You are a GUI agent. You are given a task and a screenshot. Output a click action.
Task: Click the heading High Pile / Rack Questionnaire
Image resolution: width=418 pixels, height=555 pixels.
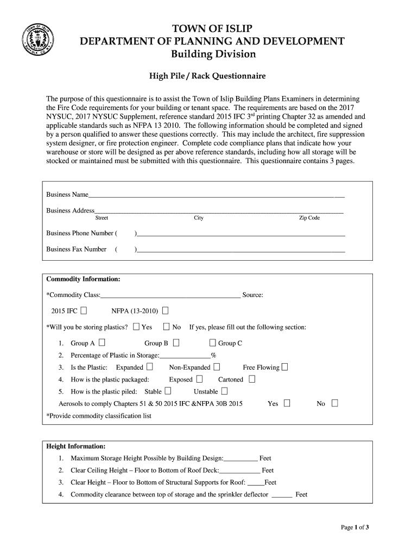point(207,76)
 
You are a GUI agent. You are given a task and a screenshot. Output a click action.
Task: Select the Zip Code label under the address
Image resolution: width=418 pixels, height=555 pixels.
point(309,218)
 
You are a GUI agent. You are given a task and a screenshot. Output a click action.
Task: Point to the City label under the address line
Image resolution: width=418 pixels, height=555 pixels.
point(199,218)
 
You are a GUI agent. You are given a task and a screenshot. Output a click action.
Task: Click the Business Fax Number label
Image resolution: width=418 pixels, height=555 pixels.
point(76,249)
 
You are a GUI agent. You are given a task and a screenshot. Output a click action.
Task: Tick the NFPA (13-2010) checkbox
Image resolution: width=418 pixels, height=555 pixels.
point(165,311)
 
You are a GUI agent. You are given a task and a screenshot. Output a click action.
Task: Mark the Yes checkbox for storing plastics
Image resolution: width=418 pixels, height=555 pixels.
point(136,327)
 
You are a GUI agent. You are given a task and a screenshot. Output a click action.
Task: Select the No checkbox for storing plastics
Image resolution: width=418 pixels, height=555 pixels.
point(167,327)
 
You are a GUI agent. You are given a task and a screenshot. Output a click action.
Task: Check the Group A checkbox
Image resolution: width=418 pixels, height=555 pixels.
point(102,343)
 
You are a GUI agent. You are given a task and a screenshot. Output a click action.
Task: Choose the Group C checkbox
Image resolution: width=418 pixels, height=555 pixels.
point(213,343)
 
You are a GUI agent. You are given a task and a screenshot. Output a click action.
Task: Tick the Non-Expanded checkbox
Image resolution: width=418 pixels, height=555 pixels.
point(217,367)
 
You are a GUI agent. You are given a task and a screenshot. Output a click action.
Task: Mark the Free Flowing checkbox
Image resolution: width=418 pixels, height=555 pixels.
point(285,367)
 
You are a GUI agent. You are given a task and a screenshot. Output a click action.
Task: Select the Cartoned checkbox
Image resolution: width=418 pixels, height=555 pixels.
point(251,379)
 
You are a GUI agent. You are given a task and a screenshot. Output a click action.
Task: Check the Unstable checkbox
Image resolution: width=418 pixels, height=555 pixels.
point(224,391)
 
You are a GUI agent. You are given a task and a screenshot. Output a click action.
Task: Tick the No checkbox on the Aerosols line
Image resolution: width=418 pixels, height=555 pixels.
point(334,403)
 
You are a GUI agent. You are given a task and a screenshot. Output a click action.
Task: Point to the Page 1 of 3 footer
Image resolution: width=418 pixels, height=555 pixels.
point(355,527)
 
